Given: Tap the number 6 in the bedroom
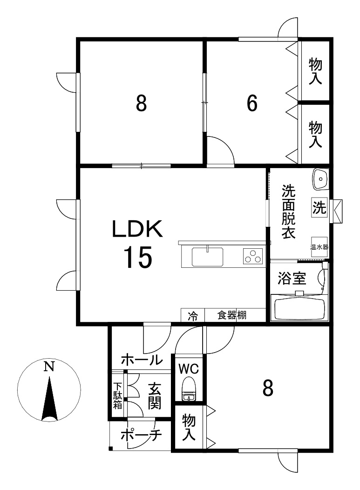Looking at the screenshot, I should [x=251, y=104].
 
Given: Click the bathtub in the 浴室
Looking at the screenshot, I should [x=299, y=308].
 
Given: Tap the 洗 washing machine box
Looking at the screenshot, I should [x=319, y=207].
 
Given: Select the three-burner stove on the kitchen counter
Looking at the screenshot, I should [x=252, y=256].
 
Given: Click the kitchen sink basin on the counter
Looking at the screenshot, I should [x=208, y=257].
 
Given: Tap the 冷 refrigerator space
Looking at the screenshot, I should [x=192, y=316].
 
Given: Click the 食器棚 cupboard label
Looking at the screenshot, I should [x=231, y=315].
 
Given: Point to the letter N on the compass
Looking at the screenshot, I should [x=48, y=367].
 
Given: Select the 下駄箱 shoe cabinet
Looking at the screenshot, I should [x=118, y=395].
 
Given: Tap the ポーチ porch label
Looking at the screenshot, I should [x=141, y=436].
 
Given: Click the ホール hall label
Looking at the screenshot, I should [x=142, y=360].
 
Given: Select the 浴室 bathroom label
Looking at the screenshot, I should [x=292, y=279].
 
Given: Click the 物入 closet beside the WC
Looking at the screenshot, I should [x=189, y=428].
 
